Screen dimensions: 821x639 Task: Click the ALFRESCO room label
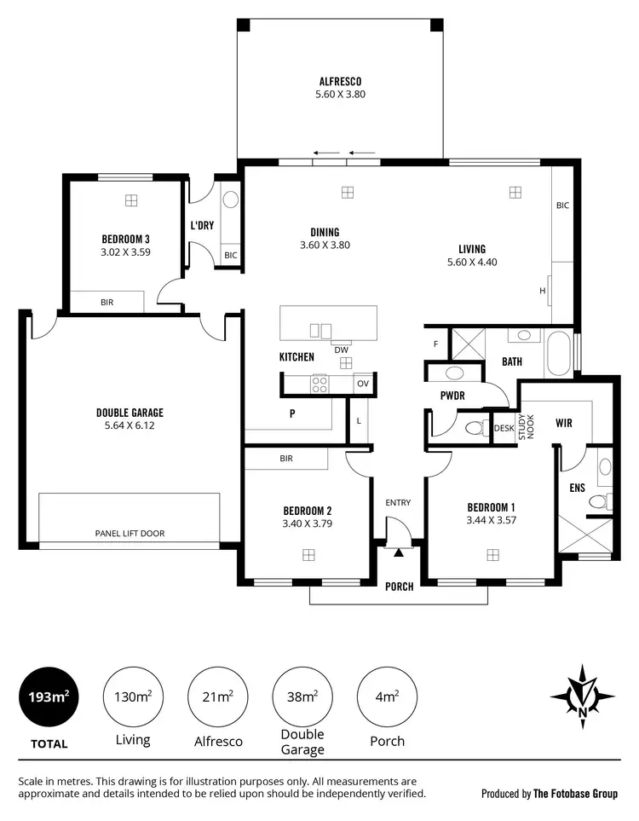click(340, 82)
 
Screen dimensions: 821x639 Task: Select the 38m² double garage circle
click(303, 697)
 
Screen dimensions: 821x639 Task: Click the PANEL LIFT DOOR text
click(130, 534)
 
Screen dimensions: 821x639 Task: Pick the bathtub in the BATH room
click(559, 354)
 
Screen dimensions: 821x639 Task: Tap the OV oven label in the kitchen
click(362, 384)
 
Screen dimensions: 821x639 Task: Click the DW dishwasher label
click(341, 350)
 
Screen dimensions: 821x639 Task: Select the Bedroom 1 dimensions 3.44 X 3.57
click(492, 519)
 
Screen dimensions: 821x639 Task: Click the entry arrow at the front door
click(398, 552)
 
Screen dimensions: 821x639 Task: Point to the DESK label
click(504, 428)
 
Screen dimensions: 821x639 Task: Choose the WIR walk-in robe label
click(563, 422)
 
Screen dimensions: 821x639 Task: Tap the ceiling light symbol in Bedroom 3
click(130, 200)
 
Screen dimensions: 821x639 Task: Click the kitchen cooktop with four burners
click(319, 384)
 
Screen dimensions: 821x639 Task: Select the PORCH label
click(399, 587)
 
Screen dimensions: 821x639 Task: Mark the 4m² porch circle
click(388, 697)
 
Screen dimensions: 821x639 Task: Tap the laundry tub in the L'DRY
click(230, 201)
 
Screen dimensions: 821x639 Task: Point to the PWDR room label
click(452, 396)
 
